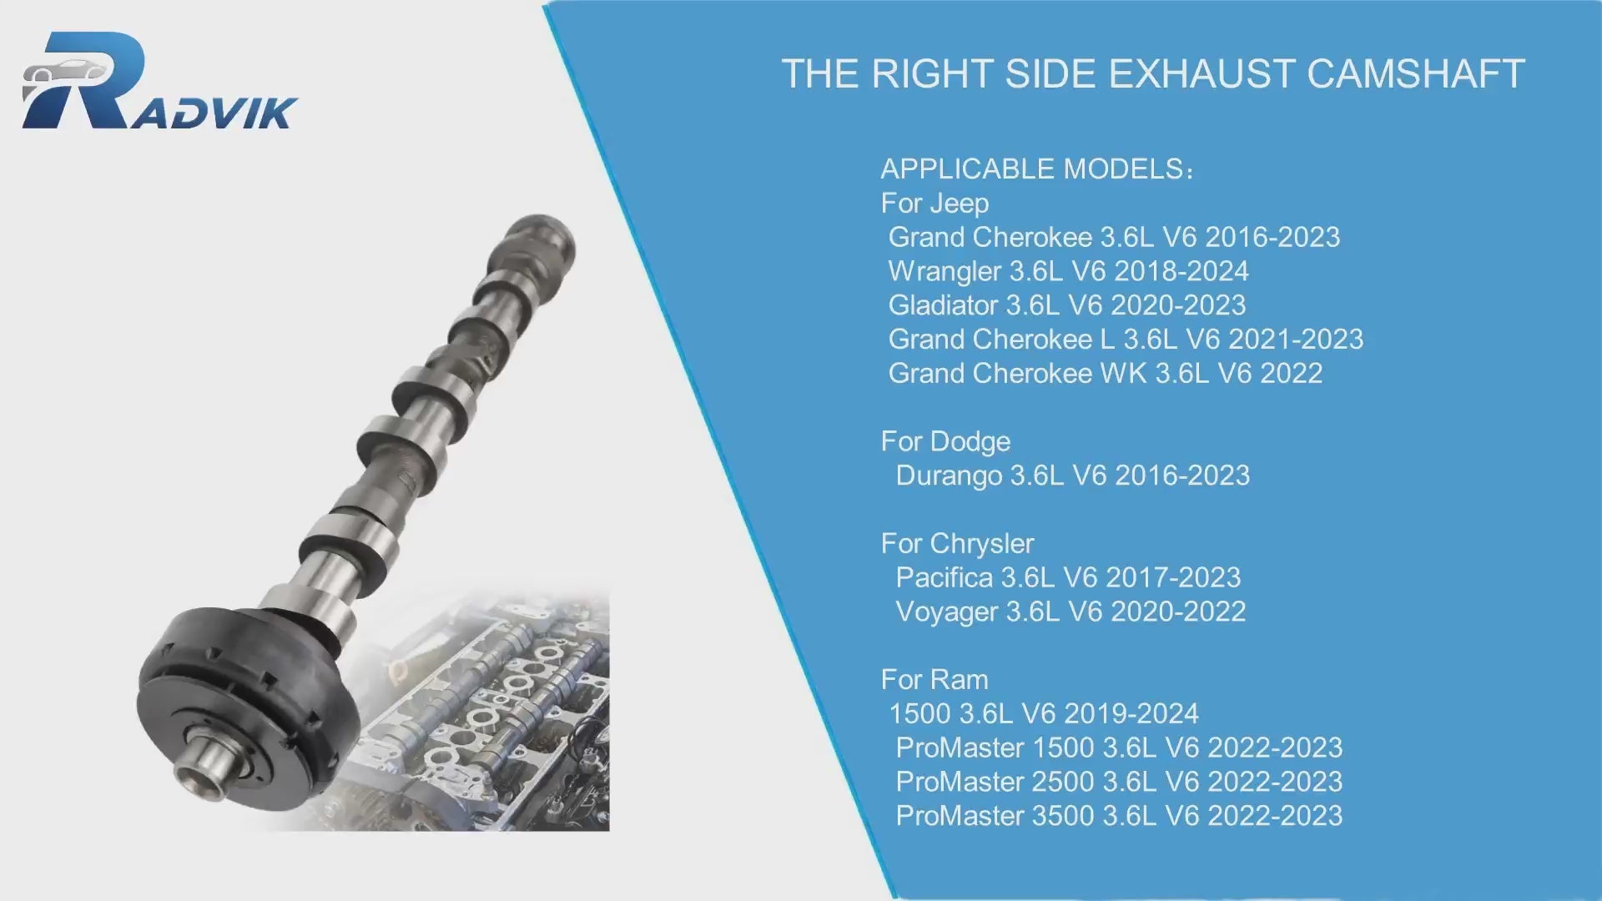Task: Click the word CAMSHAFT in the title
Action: (x=1416, y=74)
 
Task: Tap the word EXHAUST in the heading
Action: (x=1201, y=74)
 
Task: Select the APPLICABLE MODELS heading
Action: (x=1037, y=169)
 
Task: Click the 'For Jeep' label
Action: (x=934, y=204)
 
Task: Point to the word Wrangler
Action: (x=945, y=271)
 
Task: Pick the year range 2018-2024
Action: (x=1181, y=271)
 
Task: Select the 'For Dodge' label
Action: (x=945, y=441)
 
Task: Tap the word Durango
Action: (x=949, y=476)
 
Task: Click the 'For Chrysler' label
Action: (x=957, y=544)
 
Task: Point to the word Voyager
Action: (x=947, y=612)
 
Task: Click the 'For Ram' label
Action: (x=934, y=680)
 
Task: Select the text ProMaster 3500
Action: (x=995, y=816)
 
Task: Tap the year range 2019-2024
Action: (x=1131, y=714)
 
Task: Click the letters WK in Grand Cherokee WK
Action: (x=1124, y=374)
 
